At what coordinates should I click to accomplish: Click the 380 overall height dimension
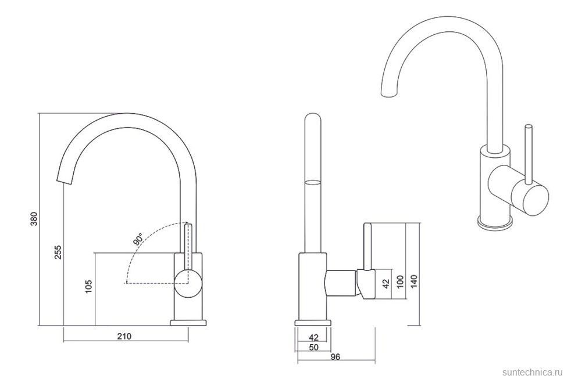(x=34, y=219)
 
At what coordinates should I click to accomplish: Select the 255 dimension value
(x=58, y=252)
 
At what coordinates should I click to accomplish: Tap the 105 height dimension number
(x=88, y=287)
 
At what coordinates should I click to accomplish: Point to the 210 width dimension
(x=124, y=336)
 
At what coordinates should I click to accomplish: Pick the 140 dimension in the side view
(x=414, y=281)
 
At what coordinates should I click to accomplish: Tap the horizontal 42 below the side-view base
(x=313, y=337)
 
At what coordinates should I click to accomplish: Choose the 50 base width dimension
(x=313, y=347)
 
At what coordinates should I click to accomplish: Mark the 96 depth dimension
(x=335, y=357)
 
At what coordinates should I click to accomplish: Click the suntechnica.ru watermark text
(x=530, y=369)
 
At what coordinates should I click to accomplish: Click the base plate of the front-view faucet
(x=189, y=322)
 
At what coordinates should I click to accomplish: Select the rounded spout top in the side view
(x=313, y=118)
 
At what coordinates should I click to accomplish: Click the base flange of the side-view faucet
(x=313, y=323)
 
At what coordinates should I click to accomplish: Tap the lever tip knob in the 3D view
(x=529, y=127)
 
